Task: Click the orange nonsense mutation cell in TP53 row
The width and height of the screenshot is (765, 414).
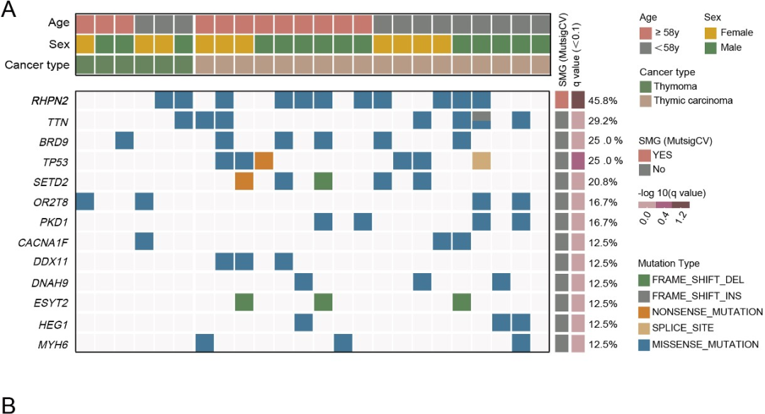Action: pyautogui.click(x=263, y=161)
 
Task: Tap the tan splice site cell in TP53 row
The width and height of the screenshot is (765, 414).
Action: pyautogui.click(x=482, y=161)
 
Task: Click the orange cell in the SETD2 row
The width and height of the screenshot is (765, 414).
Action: pyautogui.click(x=244, y=181)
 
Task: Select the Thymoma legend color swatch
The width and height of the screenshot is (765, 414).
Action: pyautogui.click(x=645, y=87)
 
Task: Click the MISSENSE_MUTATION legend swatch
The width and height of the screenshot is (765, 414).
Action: pyautogui.click(x=645, y=345)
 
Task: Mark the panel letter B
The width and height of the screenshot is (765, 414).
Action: pyautogui.click(x=9, y=404)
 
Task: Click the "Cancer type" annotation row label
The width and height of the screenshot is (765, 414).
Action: pyautogui.click(x=37, y=65)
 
